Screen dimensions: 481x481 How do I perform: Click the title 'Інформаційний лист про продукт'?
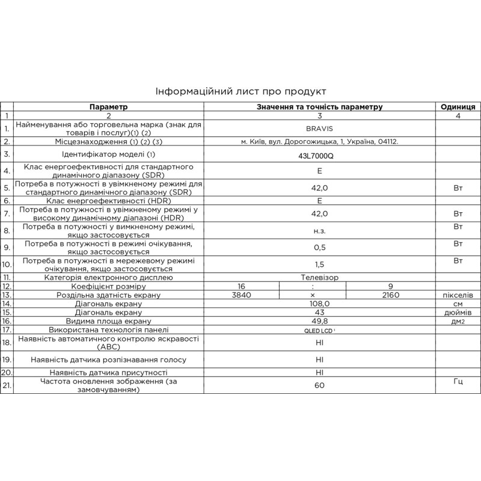240,91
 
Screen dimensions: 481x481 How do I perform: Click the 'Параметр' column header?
109,106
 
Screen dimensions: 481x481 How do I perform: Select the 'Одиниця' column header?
458,106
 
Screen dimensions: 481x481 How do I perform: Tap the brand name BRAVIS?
319,129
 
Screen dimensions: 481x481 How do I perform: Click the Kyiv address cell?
319,142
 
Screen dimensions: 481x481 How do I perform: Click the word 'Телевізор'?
319,277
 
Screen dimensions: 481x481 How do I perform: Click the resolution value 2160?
391,295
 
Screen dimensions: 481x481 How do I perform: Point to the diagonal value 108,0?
319,304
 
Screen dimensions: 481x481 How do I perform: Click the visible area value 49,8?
319,322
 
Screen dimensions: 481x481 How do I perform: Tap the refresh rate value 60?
319,385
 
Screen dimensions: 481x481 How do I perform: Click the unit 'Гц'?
458,381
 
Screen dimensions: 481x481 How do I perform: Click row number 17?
7,330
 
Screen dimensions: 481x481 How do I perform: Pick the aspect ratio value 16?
242,286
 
